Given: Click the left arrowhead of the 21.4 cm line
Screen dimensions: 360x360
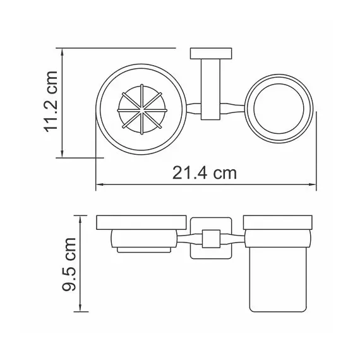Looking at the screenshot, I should click(x=99, y=186).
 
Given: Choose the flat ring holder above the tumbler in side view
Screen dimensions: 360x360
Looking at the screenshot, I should click(x=279, y=223).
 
